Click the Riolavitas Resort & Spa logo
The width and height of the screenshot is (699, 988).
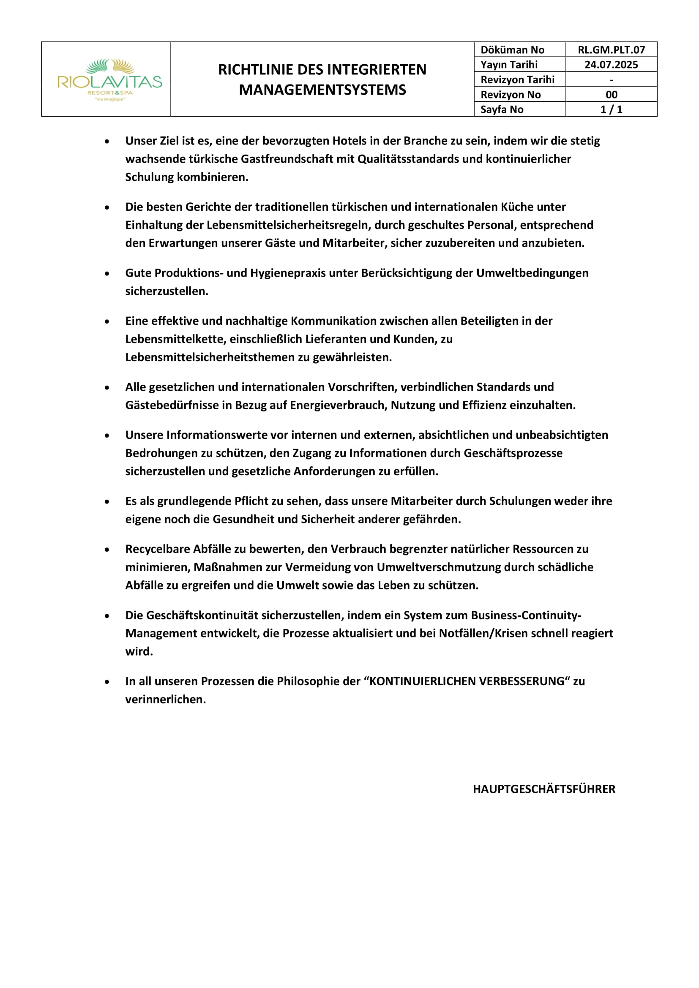(110, 79)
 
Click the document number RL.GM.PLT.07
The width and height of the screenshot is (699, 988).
(611, 50)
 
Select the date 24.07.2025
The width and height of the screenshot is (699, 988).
(611, 65)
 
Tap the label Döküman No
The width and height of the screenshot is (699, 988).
(512, 50)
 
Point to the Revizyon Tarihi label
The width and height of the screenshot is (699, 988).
(517, 79)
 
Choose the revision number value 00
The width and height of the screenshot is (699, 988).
(611, 95)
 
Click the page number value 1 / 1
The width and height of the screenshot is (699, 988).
(611, 109)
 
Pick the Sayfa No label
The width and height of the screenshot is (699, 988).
(502, 109)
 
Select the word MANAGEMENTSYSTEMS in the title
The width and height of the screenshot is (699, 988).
(322, 90)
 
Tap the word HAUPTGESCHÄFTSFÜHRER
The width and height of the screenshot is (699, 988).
(544, 789)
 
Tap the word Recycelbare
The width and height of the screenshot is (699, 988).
(158, 549)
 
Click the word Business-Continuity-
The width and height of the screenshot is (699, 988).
(526, 615)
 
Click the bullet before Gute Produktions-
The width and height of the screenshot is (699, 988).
(107, 274)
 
